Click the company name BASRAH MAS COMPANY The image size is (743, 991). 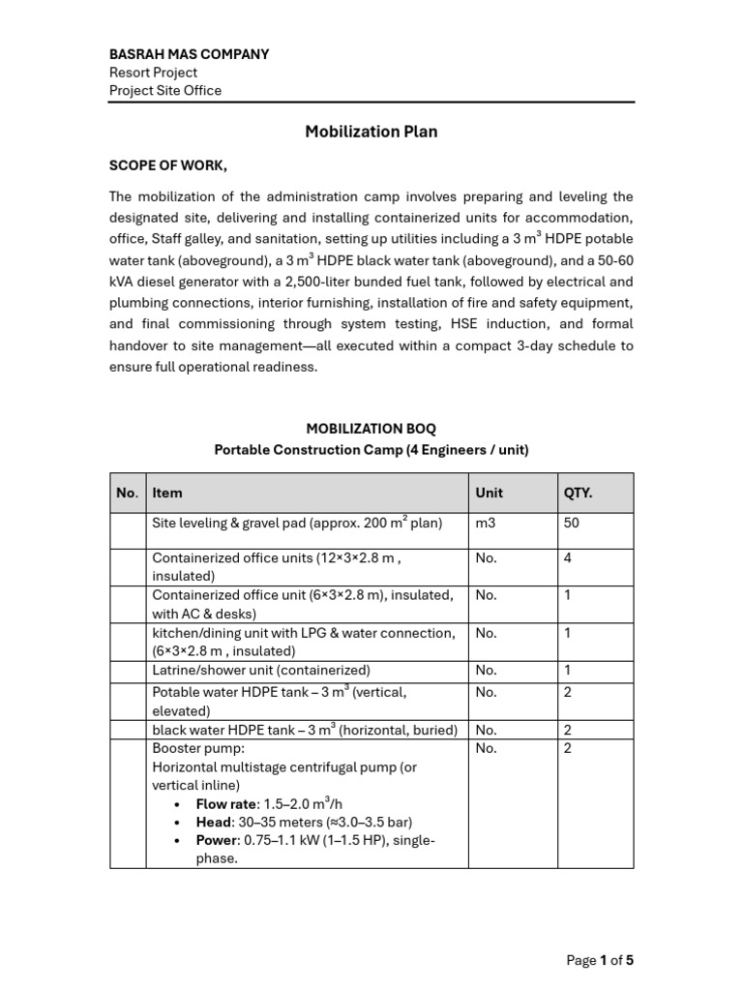[189, 54]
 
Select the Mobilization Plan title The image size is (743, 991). [371, 132]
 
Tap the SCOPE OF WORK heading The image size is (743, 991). [168, 165]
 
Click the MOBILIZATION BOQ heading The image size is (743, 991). [371, 428]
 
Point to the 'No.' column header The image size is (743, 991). [127, 493]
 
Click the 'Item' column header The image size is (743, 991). [167, 493]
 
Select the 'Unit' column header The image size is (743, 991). [489, 493]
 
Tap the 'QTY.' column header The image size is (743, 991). [578, 493]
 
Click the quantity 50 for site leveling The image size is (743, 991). [572, 523]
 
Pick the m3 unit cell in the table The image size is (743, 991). [486, 523]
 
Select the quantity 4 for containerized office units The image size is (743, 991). [568, 557]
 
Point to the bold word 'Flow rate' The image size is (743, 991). [224, 804]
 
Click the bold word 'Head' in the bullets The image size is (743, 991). [214, 823]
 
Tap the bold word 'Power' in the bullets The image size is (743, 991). [218, 840]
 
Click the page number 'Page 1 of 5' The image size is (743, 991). [600, 960]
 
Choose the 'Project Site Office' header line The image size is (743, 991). [164, 91]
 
